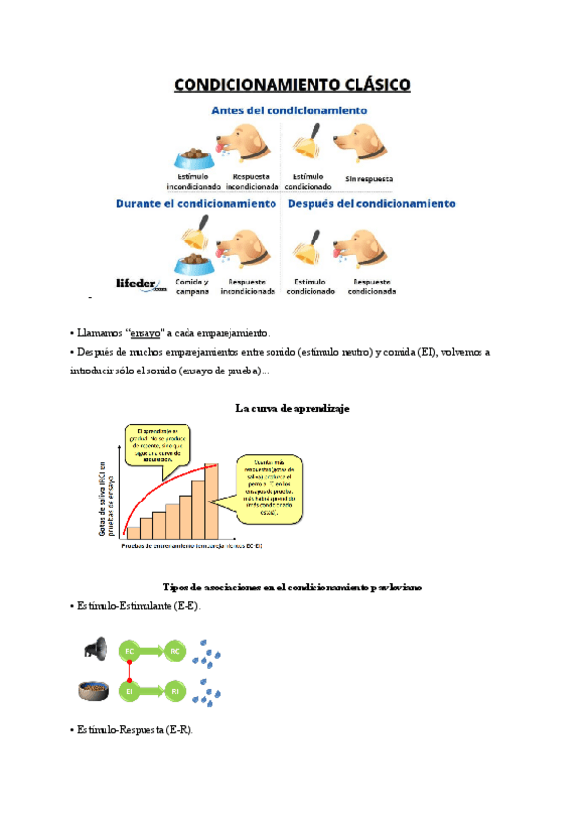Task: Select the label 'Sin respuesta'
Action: (x=368, y=180)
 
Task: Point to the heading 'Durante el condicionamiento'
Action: (x=196, y=204)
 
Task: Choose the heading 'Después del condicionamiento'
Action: (x=371, y=204)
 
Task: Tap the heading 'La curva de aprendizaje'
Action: (x=292, y=408)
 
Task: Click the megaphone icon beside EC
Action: (x=95, y=648)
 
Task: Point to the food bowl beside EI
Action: (x=94, y=691)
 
